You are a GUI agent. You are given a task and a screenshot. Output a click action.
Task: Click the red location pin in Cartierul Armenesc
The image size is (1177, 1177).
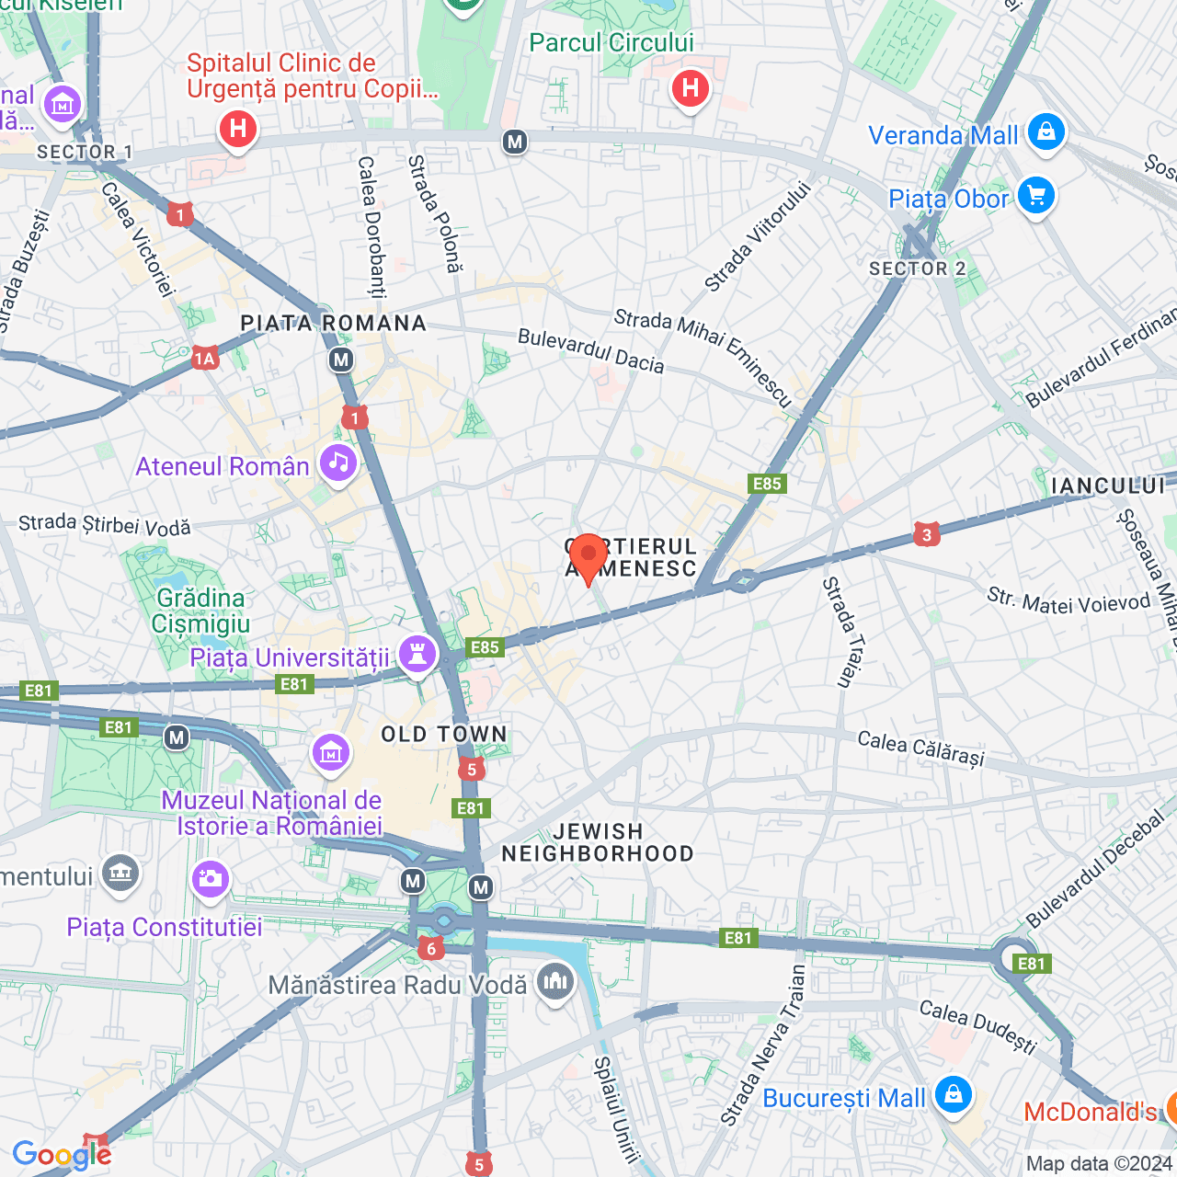(588, 555)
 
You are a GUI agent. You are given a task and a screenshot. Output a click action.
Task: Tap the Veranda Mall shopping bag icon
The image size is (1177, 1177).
(1046, 131)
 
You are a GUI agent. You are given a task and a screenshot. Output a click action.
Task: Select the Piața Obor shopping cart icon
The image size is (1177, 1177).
(1036, 196)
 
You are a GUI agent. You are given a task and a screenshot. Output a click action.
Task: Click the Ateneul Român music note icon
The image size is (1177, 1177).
(338, 463)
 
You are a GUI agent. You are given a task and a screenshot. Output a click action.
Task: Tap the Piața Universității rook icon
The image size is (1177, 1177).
(417, 655)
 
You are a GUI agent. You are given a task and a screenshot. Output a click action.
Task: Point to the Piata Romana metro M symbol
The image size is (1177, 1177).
(341, 360)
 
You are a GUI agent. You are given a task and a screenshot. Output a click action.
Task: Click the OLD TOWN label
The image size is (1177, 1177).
(444, 734)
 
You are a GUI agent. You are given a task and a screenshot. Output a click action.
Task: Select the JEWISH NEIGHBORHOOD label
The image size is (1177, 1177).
(598, 842)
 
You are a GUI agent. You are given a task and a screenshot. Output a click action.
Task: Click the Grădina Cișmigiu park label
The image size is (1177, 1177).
(200, 611)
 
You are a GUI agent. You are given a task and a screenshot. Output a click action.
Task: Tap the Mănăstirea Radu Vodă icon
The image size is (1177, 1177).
(554, 982)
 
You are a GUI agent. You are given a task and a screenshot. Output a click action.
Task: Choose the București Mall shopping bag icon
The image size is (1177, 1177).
(953, 1095)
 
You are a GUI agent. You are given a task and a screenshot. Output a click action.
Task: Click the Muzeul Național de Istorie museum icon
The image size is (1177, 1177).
(330, 753)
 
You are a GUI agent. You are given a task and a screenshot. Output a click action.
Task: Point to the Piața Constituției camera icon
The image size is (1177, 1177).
(210, 878)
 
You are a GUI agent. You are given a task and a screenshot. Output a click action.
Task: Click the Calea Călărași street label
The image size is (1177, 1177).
(920, 748)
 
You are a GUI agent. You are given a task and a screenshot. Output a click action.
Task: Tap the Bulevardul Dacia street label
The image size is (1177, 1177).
(590, 350)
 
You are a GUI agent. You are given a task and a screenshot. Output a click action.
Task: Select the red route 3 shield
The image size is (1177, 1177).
(926, 534)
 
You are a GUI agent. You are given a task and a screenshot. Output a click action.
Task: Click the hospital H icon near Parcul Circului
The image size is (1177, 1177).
(690, 89)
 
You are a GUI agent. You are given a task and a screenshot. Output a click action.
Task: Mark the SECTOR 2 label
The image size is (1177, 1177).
(917, 269)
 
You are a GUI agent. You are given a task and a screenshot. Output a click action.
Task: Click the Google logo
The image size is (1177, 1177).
(62, 1155)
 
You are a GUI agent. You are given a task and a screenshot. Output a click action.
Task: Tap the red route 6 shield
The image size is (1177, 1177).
(430, 948)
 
